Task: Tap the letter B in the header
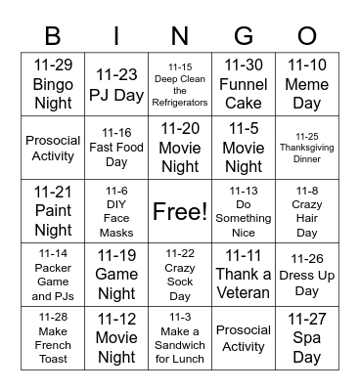point(53,37)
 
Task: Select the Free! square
point(180,211)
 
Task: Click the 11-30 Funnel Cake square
point(244,84)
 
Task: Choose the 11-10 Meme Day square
point(306,84)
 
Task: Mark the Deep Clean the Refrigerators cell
point(180,84)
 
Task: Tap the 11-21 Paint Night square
point(53,211)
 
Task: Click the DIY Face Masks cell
point(116,211)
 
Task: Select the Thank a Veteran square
point(244,275)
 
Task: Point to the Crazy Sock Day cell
point(180,275)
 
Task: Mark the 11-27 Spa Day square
point(306,337)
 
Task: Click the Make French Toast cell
point(53,337)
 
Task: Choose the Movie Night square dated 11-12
point(116,337)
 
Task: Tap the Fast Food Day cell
point(116,147)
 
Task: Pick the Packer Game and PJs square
point(53,275)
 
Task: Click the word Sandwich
point(180,344)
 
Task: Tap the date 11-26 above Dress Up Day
point(307,259)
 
